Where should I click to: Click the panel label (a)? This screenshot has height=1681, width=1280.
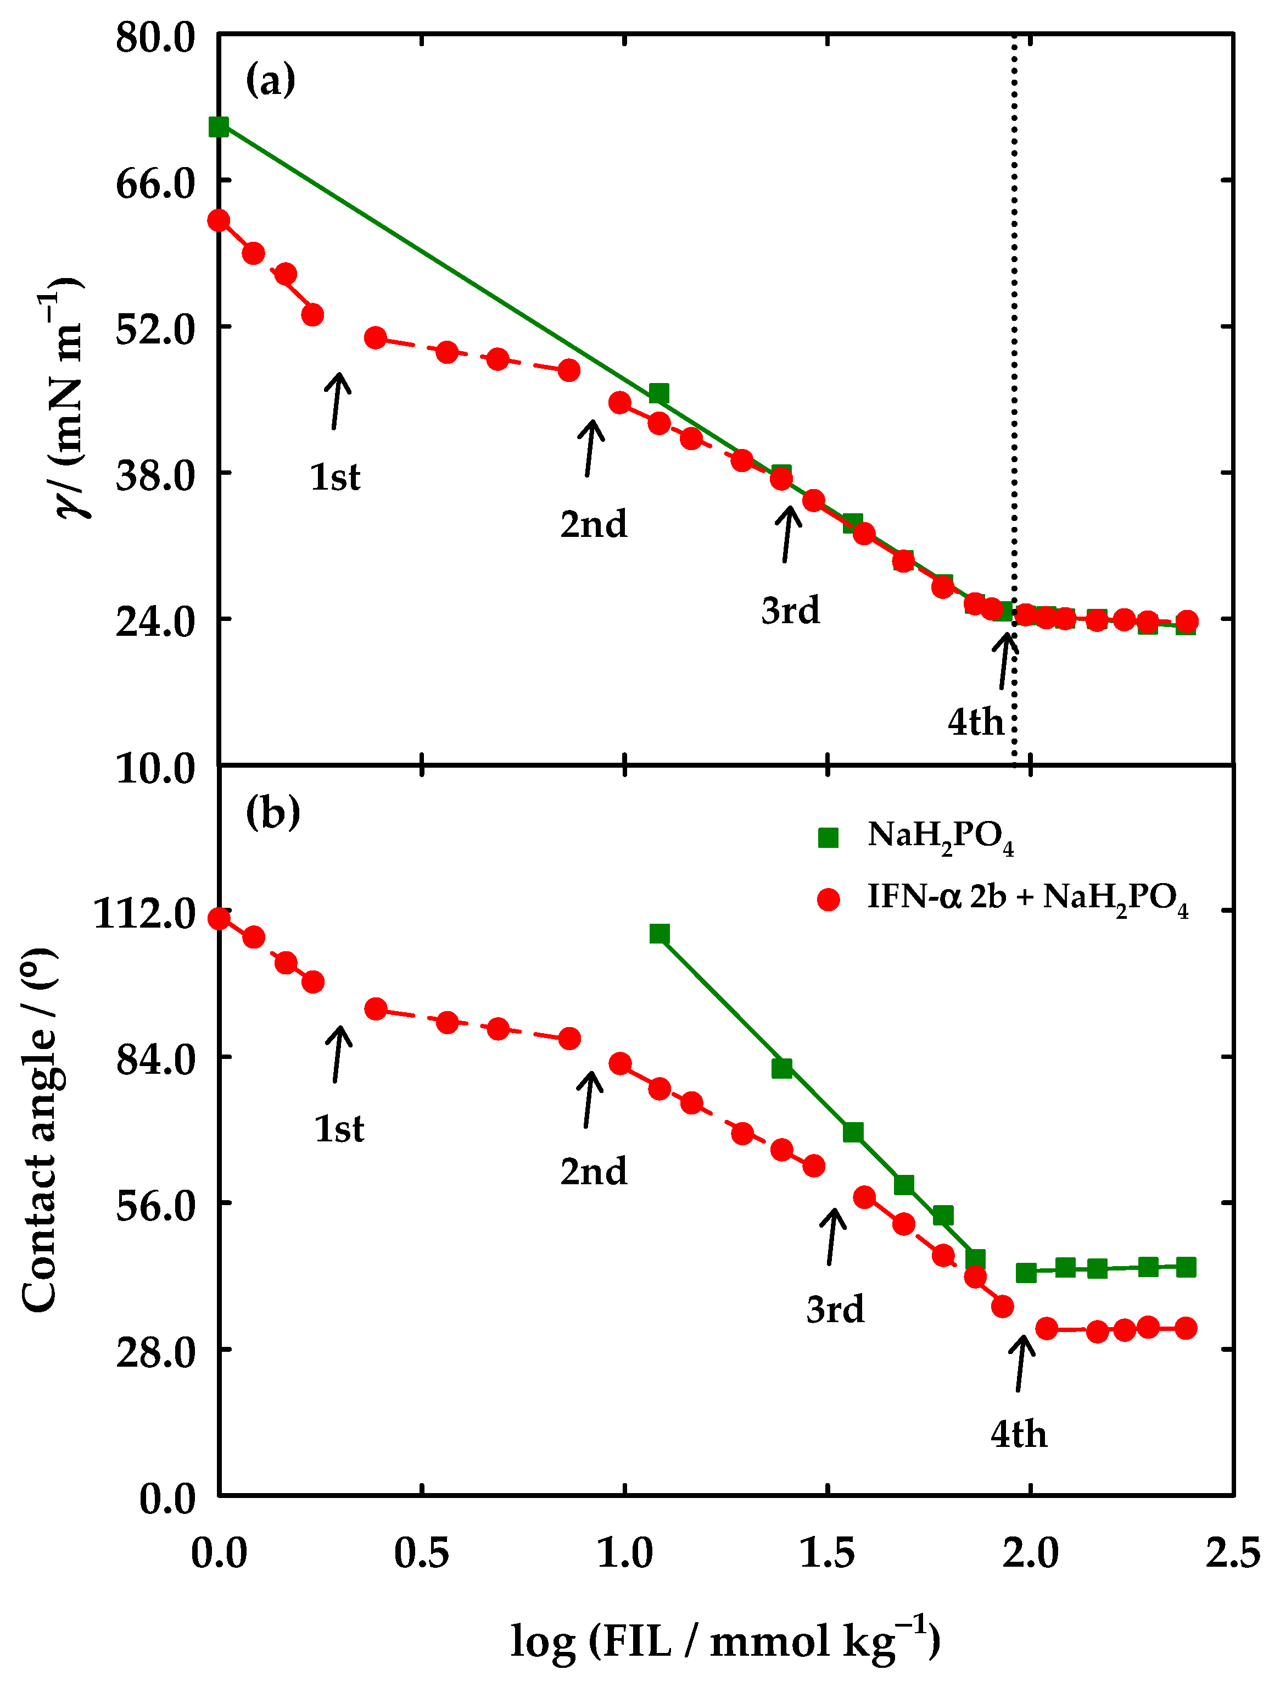tap(271, 80)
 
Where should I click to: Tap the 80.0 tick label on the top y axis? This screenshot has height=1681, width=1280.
tap(155, 37)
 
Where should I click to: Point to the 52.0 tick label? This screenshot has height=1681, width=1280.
tap(155, 329)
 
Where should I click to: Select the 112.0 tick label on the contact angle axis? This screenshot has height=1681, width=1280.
tap(145, 913)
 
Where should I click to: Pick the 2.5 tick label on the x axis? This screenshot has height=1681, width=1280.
tap(1232, 1553)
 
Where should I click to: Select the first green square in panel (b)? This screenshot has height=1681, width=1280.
tap(660, 934)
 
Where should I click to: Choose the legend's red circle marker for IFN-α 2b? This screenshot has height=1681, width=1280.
tap(828, 899)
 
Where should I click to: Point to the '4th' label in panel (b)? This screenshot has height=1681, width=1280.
tap(1019, 1434)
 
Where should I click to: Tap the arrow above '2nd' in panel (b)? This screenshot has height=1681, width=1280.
tap(590, 1099)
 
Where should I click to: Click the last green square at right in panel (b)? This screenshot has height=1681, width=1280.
tap(1186, 1267)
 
